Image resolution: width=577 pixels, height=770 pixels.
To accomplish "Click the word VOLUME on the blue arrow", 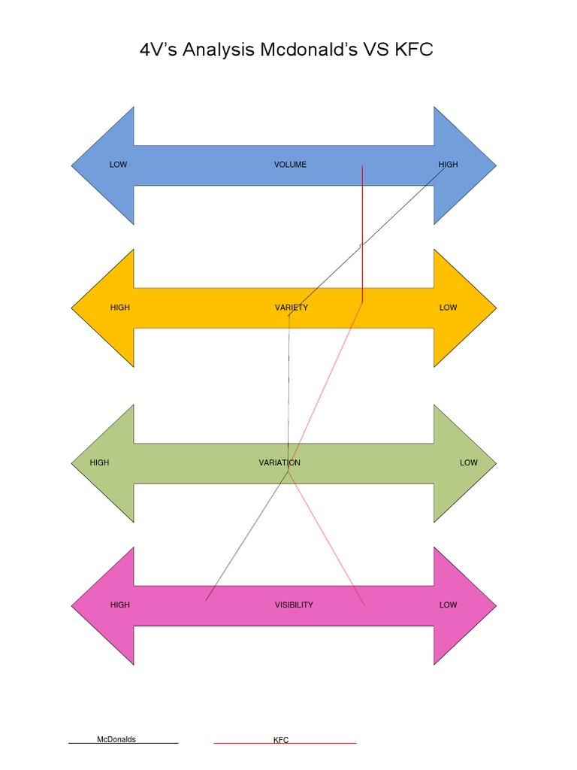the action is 290,165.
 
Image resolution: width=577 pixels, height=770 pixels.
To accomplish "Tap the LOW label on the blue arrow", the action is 118,165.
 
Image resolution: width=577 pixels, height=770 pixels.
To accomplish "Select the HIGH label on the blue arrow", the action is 448,165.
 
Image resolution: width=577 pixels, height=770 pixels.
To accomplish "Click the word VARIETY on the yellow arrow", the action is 292,308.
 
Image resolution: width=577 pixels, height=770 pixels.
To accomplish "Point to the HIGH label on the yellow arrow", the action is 119,308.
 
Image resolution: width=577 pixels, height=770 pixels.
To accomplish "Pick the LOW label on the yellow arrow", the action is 448,308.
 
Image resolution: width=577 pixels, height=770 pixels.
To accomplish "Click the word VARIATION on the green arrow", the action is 279,462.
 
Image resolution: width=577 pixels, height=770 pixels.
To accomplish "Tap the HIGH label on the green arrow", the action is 99,462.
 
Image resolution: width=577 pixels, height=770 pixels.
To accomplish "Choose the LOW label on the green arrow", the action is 469,462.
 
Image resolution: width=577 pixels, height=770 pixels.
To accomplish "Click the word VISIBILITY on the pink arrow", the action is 294,605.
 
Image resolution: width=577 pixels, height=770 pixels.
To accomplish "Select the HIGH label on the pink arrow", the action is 119,605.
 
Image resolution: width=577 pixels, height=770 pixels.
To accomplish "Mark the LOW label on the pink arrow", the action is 448,605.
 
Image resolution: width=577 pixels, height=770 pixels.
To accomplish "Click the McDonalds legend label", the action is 116,739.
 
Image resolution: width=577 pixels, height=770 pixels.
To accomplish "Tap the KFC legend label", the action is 281,740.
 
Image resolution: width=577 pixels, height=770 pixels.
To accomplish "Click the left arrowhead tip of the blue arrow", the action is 71,165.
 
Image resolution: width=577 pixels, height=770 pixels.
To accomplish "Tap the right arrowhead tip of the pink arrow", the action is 497,606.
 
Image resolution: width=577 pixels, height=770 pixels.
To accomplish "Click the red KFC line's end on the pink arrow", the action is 364,605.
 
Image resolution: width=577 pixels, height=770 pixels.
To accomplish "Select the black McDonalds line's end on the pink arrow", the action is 206,600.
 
